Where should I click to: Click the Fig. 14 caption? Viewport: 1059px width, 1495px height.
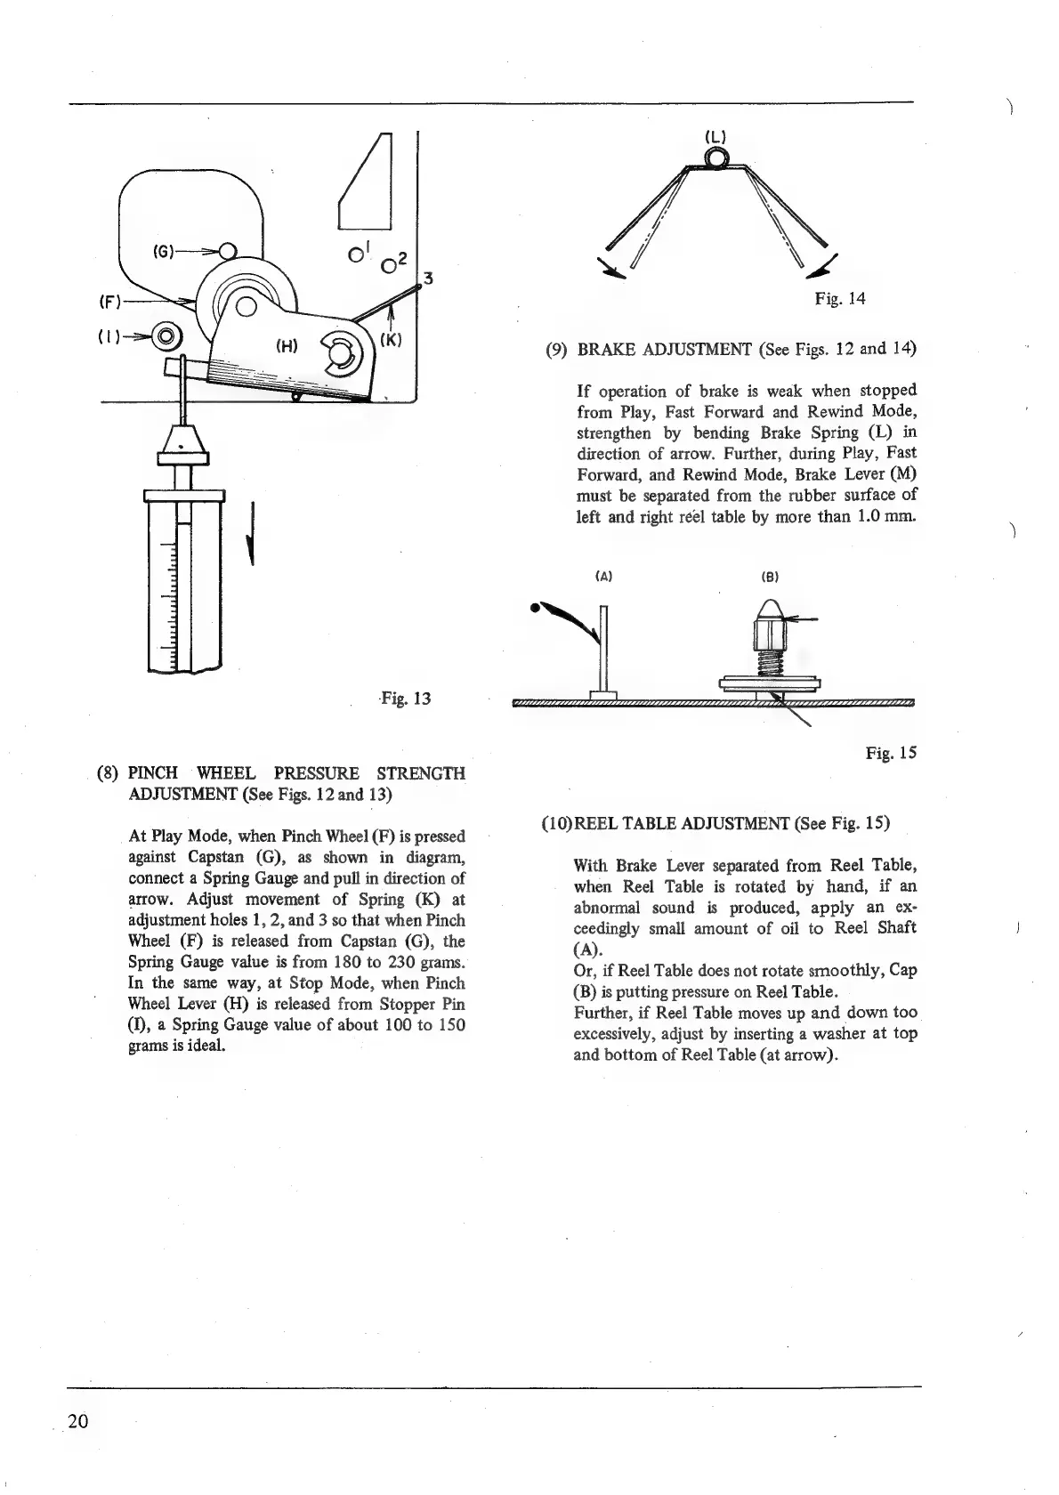coord(839,299)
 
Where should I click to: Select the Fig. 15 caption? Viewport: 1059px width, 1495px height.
coord(890,754)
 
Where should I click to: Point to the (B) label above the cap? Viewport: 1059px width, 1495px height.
coord(771,577)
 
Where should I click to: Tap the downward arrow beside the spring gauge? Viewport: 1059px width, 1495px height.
coord(254,533)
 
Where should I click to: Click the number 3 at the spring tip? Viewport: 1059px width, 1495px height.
coord(427,279)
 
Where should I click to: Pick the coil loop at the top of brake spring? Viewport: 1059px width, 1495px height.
coord(715,159)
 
